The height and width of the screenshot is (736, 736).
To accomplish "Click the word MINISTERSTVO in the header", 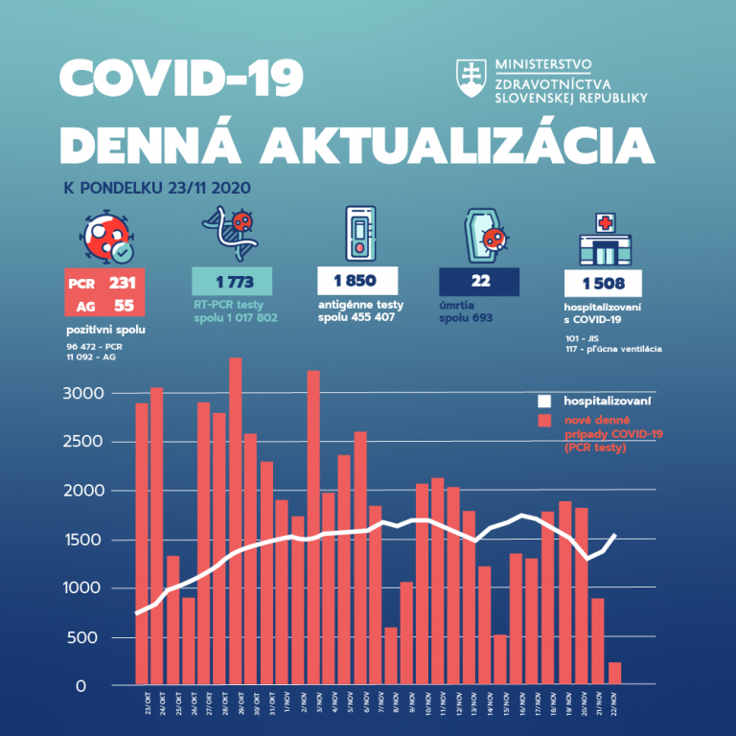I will tap(542, 65).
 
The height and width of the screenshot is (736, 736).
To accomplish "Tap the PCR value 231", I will tap(122, 283).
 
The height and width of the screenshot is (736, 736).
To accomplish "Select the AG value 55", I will tap(122, 306).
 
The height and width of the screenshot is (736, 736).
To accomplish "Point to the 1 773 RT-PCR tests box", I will tap(232, 282).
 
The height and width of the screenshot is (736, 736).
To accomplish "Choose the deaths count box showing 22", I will tap(479, 282).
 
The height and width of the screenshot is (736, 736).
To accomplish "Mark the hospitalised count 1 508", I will tap(603, 283).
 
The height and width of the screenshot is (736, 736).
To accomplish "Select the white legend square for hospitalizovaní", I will tap(544, 400).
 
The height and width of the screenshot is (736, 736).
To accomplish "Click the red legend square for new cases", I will tap(544, 421).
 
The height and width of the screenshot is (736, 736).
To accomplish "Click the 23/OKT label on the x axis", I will tap(142, 701).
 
